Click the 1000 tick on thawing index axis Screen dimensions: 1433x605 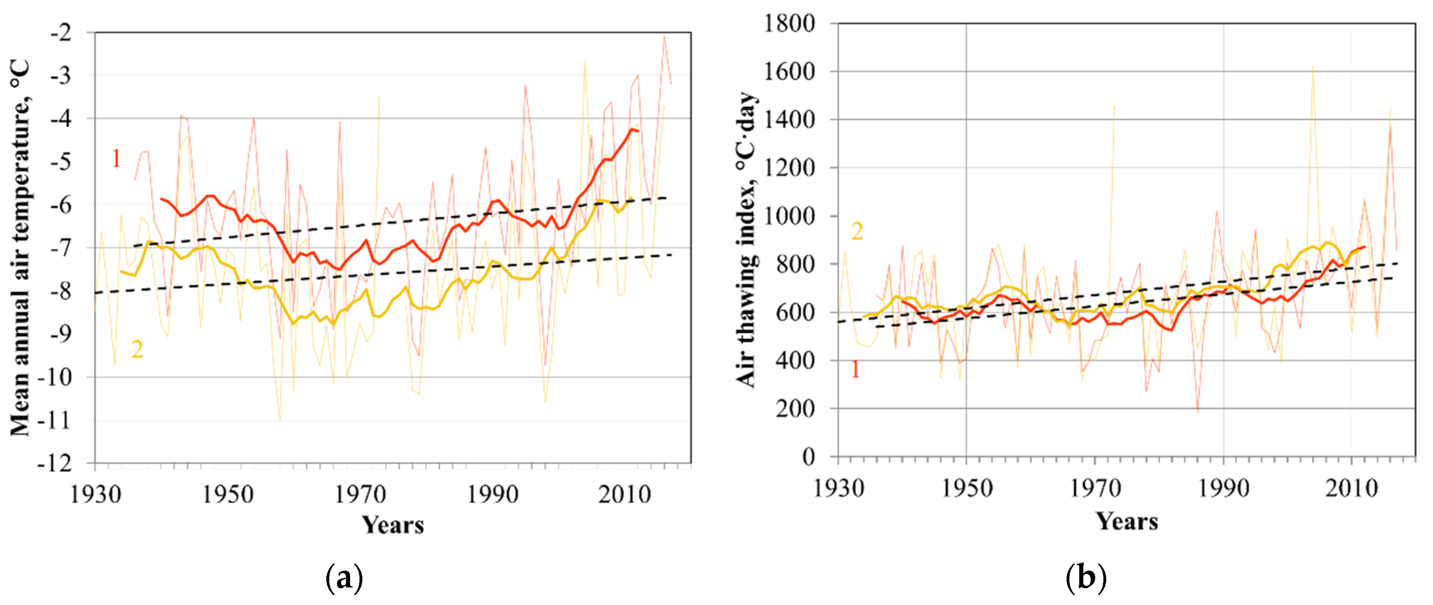pos(789,216)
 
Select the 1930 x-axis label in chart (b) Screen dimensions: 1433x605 pos(838,488)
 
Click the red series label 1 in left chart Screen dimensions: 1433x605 pos(116,159)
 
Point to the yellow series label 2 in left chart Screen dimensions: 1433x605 pos(137,349)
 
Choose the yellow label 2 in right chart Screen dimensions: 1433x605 pos(857,231)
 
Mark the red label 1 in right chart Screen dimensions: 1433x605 pos(855,369)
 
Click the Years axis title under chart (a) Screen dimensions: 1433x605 pos(393,525)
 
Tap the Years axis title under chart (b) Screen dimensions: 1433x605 pos(1127,522)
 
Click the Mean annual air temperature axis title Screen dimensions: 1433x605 pos(20,248)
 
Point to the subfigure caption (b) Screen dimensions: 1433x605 pos(1085,578)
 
